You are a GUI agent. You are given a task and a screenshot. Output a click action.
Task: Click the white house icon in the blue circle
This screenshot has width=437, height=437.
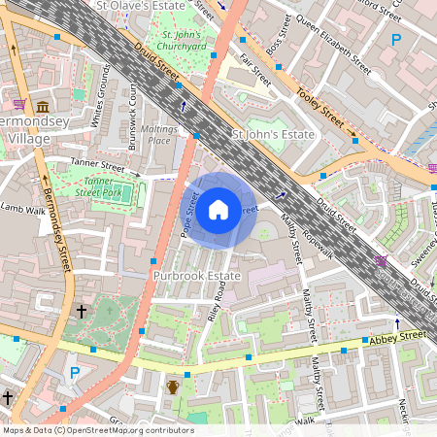click(x=218, y=209)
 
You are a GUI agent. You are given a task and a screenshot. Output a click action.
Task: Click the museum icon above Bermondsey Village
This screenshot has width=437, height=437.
click(x=43, y=108)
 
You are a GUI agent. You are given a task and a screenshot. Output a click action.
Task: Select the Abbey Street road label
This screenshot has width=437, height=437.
click(x=398, y=337)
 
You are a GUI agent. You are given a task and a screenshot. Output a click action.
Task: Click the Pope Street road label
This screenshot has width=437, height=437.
click(x=189, y=216)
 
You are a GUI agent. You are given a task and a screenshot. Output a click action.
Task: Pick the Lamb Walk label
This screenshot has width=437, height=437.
click(x=22, y=208)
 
